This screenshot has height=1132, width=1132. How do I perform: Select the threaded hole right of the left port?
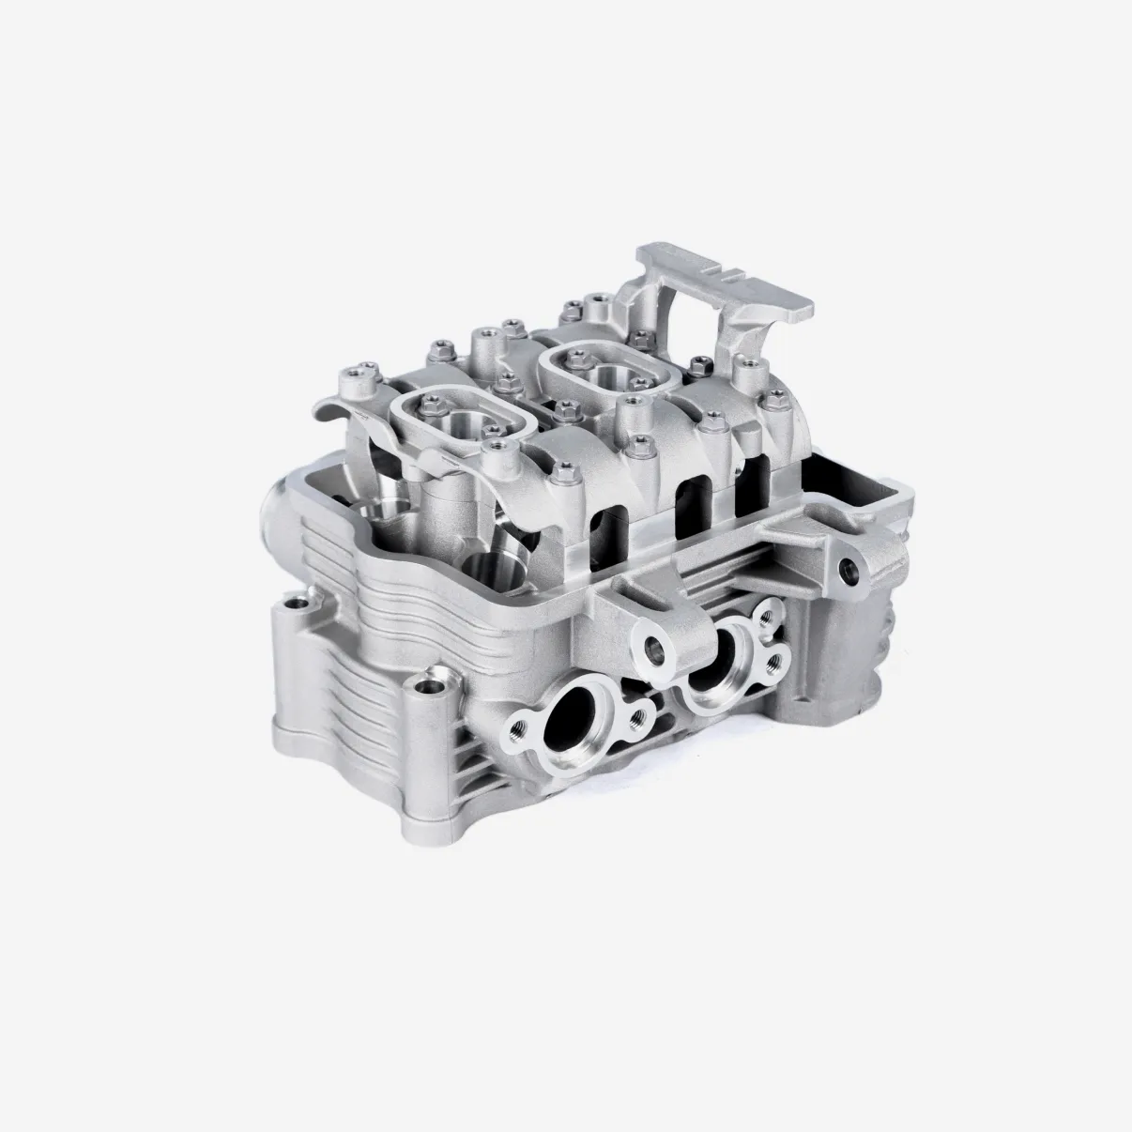(640, 718)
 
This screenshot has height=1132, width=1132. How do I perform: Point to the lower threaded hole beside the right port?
(775, 663)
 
